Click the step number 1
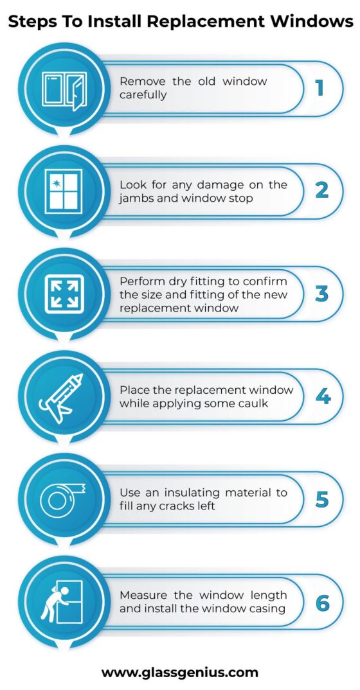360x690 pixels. click(319, 88)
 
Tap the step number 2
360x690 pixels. click(321, 191)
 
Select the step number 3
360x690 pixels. click(321, 294)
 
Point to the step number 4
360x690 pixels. click(323, 396)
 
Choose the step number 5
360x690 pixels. click(322, 499)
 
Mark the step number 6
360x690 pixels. click(323, 603)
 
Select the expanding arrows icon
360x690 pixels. click(64, 294)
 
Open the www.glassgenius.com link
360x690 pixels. click(179, 673)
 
